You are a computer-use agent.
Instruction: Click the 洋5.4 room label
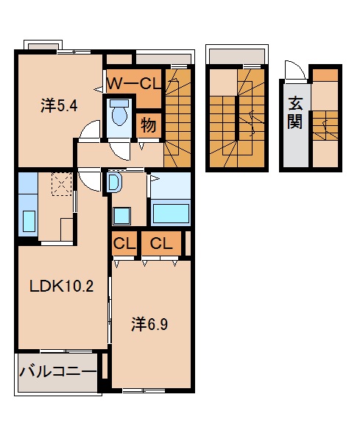(59, 105)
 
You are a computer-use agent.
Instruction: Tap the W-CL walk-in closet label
(133, 84)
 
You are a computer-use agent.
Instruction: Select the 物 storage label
(148, 124)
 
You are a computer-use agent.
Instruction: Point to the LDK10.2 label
(60, 287)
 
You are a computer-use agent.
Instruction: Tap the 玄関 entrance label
(294, 113)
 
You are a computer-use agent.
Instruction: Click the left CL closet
(123, 242)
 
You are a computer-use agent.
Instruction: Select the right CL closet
(161, 242)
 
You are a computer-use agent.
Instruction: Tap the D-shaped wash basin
(114, 182)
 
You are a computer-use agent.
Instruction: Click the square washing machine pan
(121, 215)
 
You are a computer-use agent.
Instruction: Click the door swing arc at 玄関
(294, 71)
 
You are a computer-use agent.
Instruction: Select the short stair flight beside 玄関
(324, 127)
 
